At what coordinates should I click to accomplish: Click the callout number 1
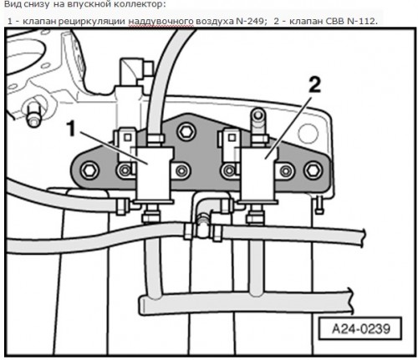[72, 129]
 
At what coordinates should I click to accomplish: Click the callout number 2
[314, 85]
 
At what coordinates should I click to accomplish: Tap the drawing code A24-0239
[360, 328]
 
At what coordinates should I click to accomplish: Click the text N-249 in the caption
[250, 22]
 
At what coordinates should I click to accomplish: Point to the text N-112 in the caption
[360, 22]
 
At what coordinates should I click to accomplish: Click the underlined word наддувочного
[161, 22]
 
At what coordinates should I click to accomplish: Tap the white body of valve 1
[153, 174]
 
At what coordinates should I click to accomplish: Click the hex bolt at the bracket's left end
[89, 170]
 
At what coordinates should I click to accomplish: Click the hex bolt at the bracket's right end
[313, 170]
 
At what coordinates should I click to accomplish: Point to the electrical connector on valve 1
[125, 145]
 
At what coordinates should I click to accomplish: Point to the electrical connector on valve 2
[230, 145]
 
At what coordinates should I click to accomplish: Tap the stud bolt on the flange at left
[32, 114]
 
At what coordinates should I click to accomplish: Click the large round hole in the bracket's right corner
[308, 133]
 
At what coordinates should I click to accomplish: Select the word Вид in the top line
[11, 4]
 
